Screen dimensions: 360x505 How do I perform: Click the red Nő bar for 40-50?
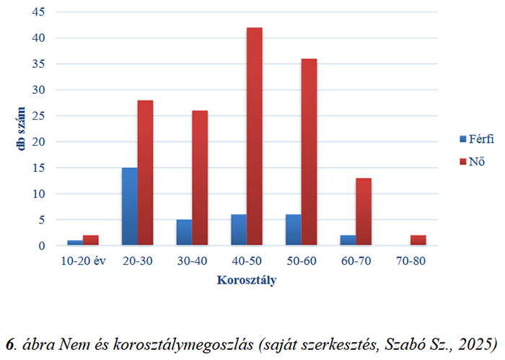point(254,137)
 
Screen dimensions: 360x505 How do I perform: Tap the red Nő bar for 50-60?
point(309,152)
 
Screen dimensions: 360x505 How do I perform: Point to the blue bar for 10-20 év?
point(75,243)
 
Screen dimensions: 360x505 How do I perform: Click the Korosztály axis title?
point(246,280)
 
